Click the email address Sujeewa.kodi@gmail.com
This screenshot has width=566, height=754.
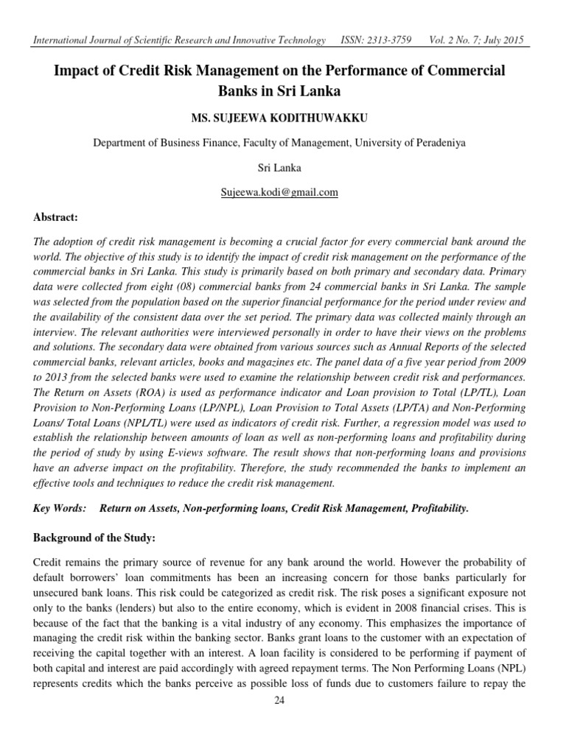click(x=279, y=192)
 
